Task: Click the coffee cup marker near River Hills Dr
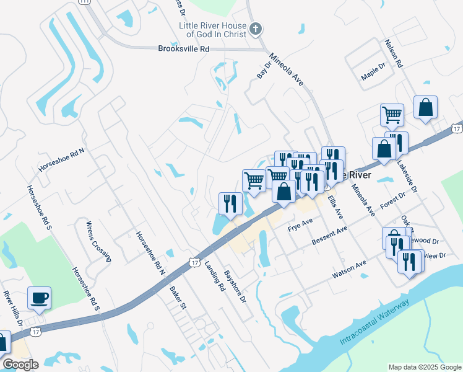pos(40,298)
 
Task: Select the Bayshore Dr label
pos(235,286)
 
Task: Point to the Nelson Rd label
pos(394,54)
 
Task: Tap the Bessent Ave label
pos(331,236)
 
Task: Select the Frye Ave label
pos(301,224)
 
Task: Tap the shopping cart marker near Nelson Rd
pos(392,114)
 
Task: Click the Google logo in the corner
pos(20,365)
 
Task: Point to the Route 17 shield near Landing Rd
pos(194,263)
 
